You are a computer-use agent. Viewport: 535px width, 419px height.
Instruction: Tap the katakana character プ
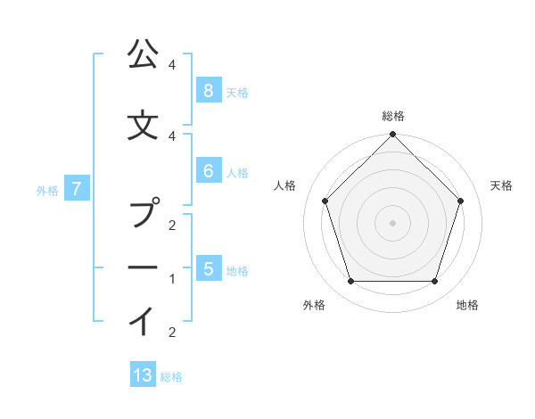(x=143, y=215)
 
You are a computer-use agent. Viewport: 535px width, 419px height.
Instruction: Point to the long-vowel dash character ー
(x=142, y=267)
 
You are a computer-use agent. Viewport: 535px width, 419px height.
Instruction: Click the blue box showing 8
(x=208, y=90)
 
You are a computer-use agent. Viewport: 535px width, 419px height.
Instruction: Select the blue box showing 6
(x=208, y=171)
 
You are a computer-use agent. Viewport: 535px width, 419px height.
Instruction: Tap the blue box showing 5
(x=208, y=269)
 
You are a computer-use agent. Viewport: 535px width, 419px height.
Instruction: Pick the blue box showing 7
(x=78, y=188)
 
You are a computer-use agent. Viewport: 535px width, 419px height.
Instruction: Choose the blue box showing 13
(x=143, y=375)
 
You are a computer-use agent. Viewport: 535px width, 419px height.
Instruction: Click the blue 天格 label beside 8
(x=237, y=92)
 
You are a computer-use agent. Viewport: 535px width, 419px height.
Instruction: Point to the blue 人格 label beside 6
(x=237, y=173)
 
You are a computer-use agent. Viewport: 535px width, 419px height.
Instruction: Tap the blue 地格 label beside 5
(x=237, y=271)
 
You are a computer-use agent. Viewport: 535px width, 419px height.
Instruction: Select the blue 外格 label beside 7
(x=47, y=190)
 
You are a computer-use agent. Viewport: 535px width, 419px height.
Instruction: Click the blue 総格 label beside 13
(x=171, y=377)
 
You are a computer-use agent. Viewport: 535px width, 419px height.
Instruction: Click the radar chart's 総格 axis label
(x=392, y=116)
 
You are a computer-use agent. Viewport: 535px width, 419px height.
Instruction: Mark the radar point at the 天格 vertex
(x=461, y=201)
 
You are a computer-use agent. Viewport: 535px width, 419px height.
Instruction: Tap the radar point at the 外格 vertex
(x=350, y=282)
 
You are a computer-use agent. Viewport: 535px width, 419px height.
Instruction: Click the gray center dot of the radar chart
(x=392, y=222)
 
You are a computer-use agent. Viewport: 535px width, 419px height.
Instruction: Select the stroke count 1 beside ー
(x=171, y=279)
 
